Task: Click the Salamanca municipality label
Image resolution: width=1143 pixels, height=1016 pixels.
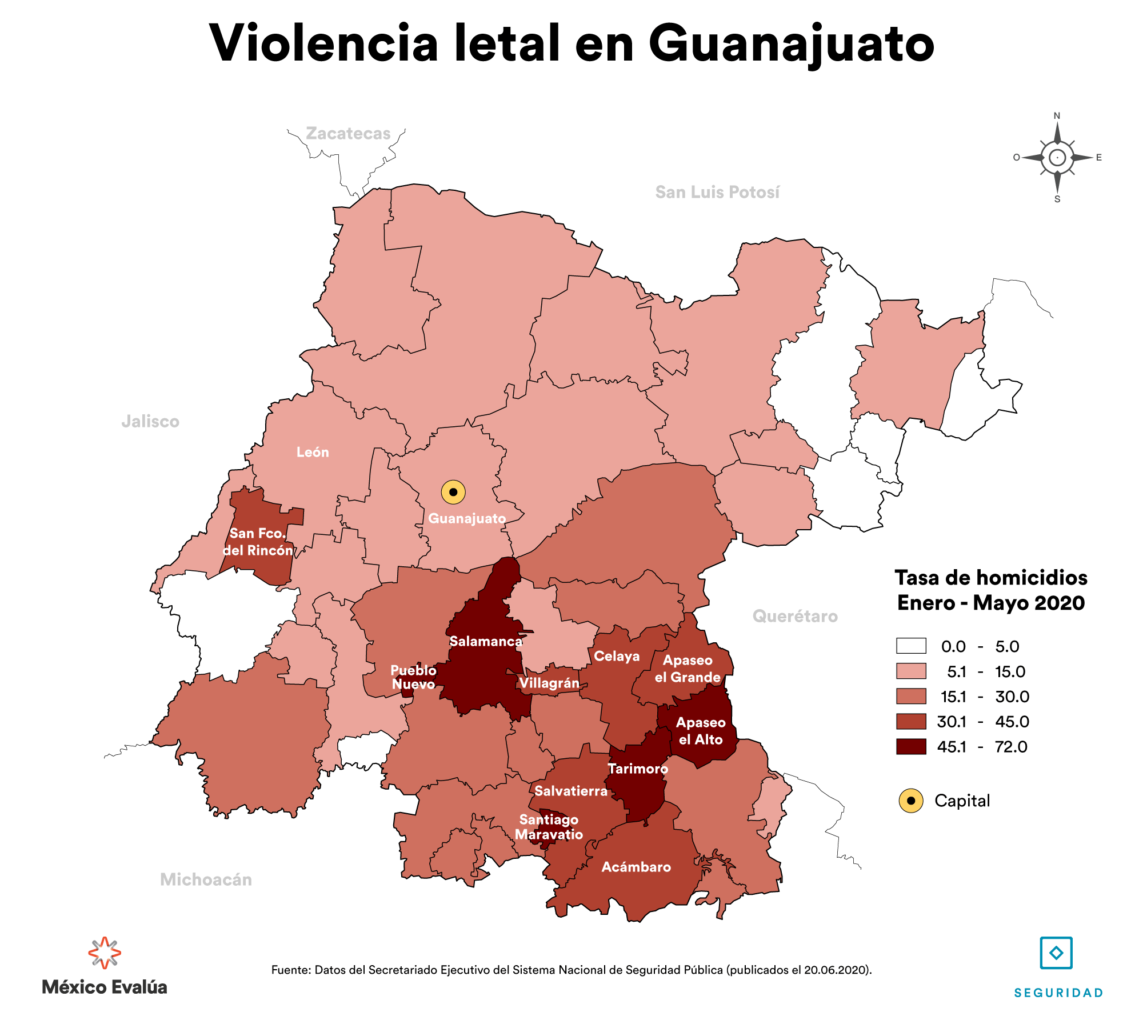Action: coord(486,641)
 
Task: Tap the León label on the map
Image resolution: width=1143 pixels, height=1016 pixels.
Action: coord(313,452)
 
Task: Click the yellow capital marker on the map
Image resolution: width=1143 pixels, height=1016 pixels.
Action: coord(453,491)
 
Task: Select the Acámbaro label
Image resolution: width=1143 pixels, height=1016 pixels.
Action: coord(636,867)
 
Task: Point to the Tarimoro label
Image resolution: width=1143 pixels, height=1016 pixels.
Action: coord(638,769)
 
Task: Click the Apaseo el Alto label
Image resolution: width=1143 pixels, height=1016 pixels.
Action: coord(701,731)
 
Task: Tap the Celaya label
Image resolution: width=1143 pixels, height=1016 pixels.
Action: coord(617,656)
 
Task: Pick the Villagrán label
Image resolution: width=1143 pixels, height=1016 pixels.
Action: coord(549,683)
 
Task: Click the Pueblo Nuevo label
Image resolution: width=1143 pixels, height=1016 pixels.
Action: coord(413,677)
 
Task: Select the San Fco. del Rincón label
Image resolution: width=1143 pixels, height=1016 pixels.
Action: coord(258,542)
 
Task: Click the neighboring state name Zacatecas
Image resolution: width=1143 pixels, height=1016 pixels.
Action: coord(348,133)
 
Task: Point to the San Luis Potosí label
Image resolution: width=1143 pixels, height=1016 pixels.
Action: coord(717,192)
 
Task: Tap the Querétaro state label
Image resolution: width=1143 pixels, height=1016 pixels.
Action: coord(795,616)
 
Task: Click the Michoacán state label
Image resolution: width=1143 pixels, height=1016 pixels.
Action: coord(206,879)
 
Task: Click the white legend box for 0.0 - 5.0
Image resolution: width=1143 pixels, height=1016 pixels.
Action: coord(911,646)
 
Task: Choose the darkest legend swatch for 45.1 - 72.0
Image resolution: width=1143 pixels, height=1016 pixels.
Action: coord(911,746)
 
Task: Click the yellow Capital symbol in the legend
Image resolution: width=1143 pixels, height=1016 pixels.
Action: coord(911,801)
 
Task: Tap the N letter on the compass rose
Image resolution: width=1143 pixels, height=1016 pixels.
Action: coord(1057,116)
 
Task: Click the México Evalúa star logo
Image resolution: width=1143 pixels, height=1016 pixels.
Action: coord(105,953)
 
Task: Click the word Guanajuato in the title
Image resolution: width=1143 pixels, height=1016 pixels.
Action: coord(792,45)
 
